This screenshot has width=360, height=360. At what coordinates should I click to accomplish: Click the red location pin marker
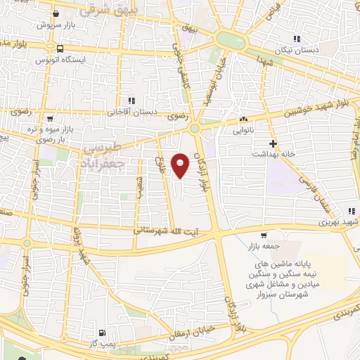point(181,165)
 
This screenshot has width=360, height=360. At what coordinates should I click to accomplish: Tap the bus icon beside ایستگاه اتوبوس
point(60,49)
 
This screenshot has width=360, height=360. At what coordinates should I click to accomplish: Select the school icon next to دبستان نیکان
point(297,38)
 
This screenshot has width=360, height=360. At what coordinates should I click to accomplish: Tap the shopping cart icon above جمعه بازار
point(263,236)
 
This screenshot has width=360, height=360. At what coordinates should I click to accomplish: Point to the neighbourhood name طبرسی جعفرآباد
point(104,157)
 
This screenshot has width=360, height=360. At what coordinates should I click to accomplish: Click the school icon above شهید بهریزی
point(351,210)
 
